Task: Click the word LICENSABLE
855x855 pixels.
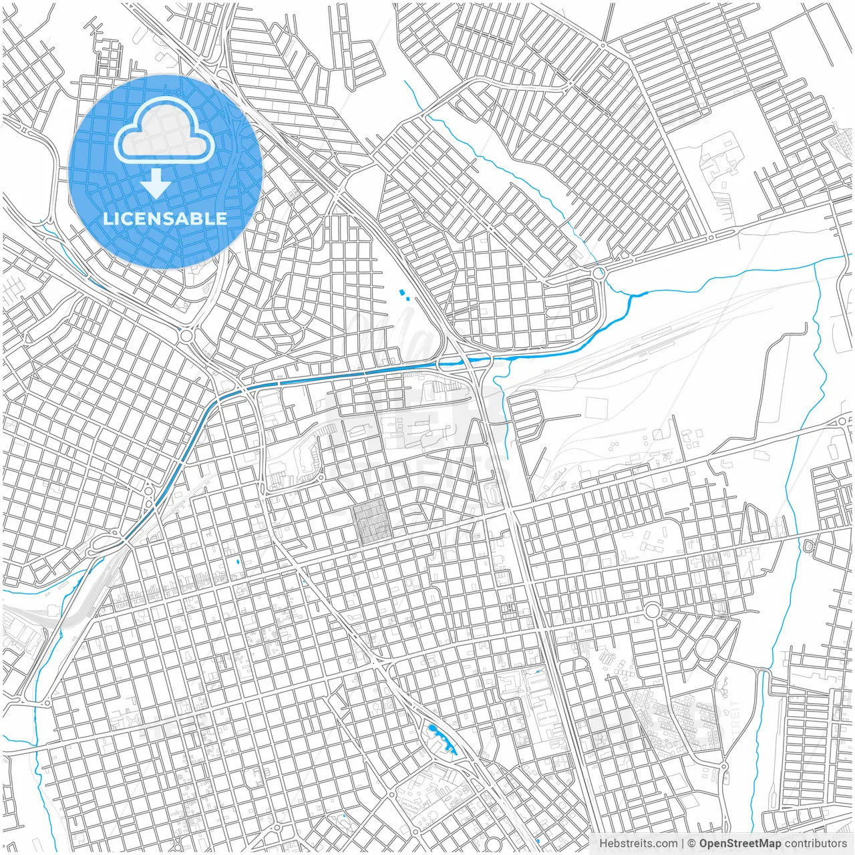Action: point(165,218)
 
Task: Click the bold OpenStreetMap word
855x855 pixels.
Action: point(740,844)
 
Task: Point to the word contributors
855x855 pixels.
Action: point(816,844)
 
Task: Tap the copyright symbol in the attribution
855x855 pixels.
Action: point(692,844)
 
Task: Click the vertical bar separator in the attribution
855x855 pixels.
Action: point(683,844)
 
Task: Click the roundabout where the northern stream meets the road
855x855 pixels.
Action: point(598,273)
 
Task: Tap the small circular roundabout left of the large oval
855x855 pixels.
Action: point(653,611)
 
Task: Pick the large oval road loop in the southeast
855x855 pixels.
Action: point(706,647)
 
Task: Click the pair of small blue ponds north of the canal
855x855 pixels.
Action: point(403,294)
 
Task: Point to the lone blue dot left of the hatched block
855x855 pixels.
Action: point(237,561)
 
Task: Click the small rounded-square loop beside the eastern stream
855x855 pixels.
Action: point(809,546)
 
